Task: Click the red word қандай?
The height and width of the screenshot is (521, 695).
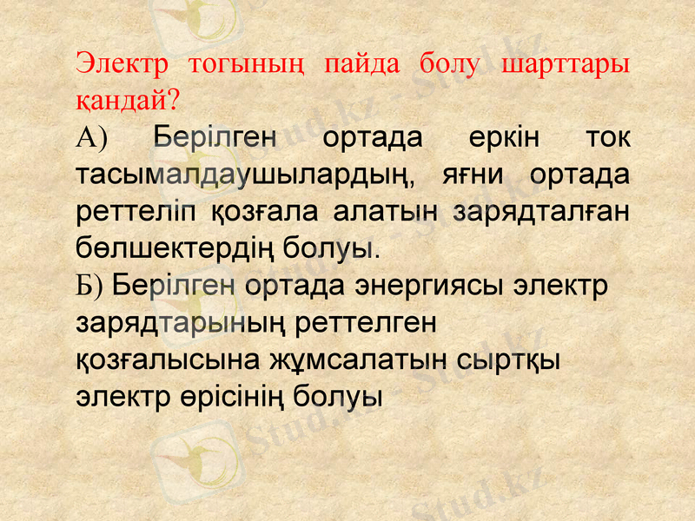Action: [x=129, y=101]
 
